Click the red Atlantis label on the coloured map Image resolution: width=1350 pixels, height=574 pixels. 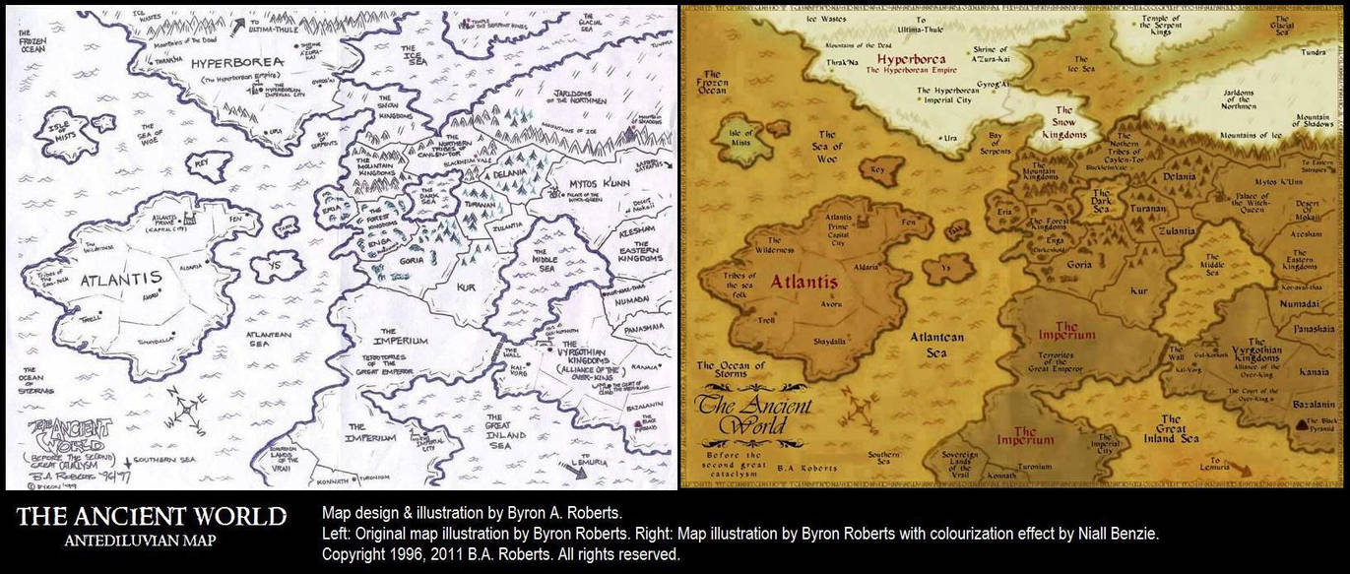[804, 283]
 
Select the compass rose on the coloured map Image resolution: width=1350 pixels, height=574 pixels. [859, 405]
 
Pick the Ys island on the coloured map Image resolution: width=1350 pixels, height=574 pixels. [944, 267]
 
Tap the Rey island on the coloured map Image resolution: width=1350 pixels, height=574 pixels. [878, 169]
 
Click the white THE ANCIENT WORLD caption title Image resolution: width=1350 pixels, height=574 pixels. [152, 517]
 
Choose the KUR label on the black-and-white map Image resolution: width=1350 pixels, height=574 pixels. [466, 287]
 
